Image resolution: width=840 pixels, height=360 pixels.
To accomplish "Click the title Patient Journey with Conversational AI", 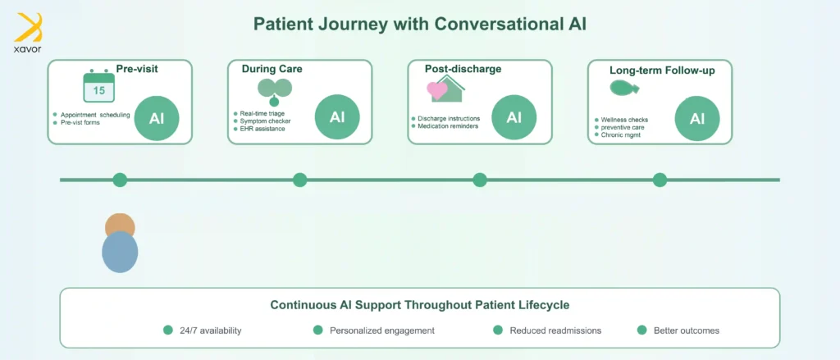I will point(419,24).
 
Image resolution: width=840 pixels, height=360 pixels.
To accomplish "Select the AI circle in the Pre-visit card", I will point(157,118).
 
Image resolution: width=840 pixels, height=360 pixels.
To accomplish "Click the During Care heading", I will point(272,69).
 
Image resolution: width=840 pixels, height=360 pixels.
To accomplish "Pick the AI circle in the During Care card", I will point(337,117).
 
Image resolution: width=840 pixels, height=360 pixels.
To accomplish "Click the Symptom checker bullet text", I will point(266,121).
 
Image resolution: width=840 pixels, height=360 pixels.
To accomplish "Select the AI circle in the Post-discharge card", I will point(514,117).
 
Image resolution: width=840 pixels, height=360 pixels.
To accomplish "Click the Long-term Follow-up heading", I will point(662,71).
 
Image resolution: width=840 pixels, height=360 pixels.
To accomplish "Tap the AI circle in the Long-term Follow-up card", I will point(697,118).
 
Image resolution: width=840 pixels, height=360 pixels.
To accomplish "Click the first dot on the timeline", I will point(120,180).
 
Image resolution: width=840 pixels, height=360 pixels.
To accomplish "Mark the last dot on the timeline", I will point(660,180).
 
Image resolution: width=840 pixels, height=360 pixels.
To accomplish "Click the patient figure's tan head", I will point(120,226).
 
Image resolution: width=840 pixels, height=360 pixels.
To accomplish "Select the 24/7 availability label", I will point(210,330).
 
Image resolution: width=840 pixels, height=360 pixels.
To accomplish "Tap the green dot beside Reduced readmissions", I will point(497,330).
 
